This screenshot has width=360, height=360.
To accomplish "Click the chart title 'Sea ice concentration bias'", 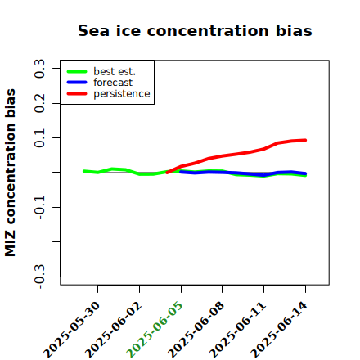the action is pyautogui.click(x=195, y=30).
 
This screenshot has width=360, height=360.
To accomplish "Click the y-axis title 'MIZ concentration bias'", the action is pyautogui.click(x=10, y=173).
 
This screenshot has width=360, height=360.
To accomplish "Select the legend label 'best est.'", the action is pyautogui.click(x=115, y=71).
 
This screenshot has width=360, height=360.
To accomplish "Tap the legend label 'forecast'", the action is pyautogui.click(x=113, y=83).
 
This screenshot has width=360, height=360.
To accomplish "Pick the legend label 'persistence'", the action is pyautogui.click(x=122, y=94).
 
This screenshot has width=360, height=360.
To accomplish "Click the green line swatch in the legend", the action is pyautogui.click(x=77, y=71).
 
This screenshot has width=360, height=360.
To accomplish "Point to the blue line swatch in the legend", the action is pyautogui.click(x=77, y=83).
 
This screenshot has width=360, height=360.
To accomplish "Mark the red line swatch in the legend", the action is pyautogui.click(x=77, y=93).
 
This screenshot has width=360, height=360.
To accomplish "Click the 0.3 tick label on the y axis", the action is pyautogui.click(x=39, y=69).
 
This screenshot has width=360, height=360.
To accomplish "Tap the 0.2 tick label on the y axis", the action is pyautogui.click(x=39, y=103).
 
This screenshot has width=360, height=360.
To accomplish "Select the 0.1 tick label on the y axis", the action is pyautogui.click(x=39, y=138).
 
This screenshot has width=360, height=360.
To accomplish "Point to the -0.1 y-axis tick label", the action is pyautogui.click(x=39, y=207).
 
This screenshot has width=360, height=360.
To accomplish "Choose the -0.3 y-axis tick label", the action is pyautogui.click(x=39, y=277).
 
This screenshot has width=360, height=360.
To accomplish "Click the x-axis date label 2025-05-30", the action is pyautogui.click(x=71, y=330).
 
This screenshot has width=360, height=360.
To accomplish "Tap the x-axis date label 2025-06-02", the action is pyautogui.click(x=113, y=330).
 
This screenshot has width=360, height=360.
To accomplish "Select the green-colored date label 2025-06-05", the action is pyautogui.click(x=155, y=330).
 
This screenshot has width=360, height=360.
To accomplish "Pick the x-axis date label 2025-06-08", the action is pyautogui.click(x=196, y=330).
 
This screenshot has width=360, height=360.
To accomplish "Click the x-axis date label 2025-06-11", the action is pyautogui.click(x=237, y=330).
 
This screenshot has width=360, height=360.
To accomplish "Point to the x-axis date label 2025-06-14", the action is pyautogui.click(x=279, y=330).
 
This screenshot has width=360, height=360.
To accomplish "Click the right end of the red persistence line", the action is pyautogui.click(x=305, y=140).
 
